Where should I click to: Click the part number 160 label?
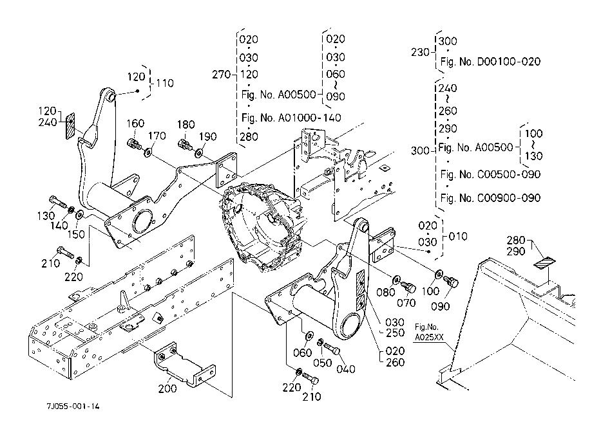pyautogui.click(x=135, y=123)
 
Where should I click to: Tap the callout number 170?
pyautogui.click(x=158, y=136)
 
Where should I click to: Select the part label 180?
pyautogui.click(x=186, y=123)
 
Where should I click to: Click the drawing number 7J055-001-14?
pyautogui.click(x=73, y=407)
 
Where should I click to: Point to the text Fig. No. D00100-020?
pyautogui.click(x=489, y=62)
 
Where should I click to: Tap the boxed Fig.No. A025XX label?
pyautogui.click(x=430, y=332)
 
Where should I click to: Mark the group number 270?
pyautogui.click(x=221, y=75)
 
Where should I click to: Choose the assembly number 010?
pyautogui.click(x=457, y=237)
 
